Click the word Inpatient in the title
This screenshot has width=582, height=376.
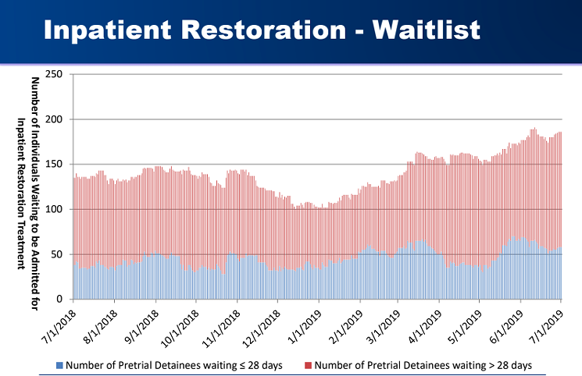click(108, 30)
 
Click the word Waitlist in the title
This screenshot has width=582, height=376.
click(427, 30)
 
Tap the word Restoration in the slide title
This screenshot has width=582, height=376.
click(263, 30)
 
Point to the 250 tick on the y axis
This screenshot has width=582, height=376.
click(54, 74)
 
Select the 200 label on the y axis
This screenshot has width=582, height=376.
click(54, 119)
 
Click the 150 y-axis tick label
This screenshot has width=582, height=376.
click(54, 165)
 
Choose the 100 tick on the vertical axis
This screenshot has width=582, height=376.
click(54, 209)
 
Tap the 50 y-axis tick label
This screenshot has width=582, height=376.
click(56, 254)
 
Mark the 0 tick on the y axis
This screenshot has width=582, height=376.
click(59, 300)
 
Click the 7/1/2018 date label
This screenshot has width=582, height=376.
click(60, 326)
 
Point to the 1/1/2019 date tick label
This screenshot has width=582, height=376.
click(305, 326)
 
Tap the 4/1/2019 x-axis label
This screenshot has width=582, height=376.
click(425, 326)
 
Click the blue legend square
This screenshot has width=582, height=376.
click(59, 366)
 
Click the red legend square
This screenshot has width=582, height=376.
click(308, 366)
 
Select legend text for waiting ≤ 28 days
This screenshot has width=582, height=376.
click(174, 366)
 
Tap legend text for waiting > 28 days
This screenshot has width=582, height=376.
click(423, 366)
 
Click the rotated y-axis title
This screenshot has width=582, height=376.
click(28, 193)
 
